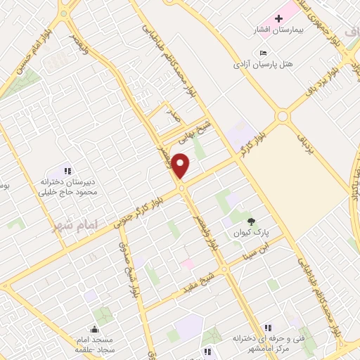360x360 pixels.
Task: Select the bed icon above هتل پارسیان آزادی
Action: (x=263, y=53)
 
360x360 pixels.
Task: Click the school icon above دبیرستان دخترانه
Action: (x=68, y=170)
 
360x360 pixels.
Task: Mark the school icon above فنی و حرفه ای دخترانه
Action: (x=267, y=327)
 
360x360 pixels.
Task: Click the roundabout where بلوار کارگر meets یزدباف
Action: (x=283, y=116)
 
